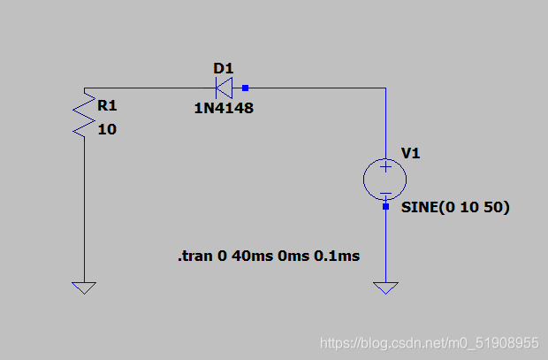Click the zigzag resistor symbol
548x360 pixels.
coord(83,115)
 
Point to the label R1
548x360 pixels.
coord(106,105)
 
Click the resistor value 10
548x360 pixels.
coord(107,129)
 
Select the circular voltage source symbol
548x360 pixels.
coord(386,180)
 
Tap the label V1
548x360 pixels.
coord(411,153)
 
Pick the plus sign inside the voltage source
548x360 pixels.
coord(386,166)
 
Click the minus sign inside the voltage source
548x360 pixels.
coord(386,194)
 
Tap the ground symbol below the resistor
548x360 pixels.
coord(84,287)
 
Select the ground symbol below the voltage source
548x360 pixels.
coord(386,287)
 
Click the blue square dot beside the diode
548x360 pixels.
coord(246,88)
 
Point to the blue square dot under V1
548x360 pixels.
coord(386,207)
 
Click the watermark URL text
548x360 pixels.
coord(429,342)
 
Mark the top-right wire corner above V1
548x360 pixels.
coord(386,88)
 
